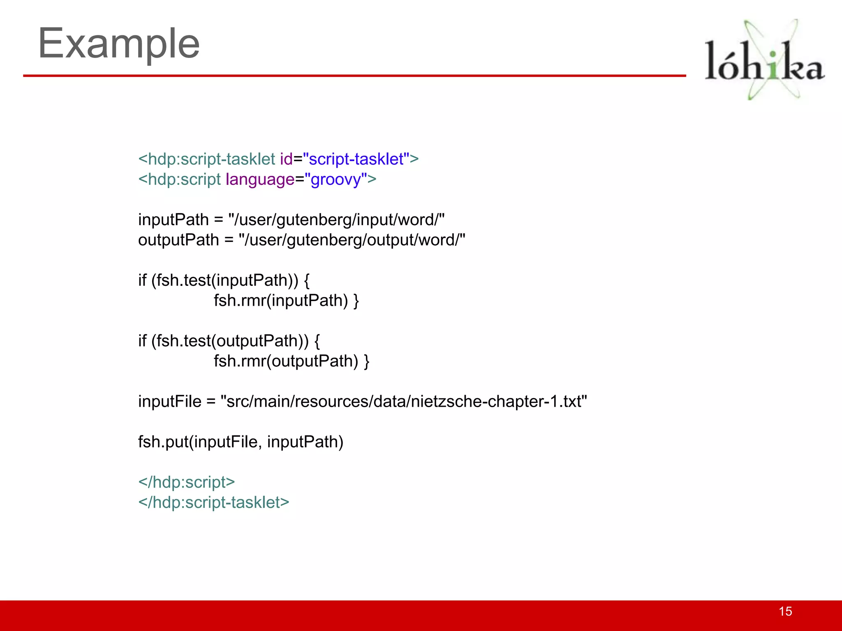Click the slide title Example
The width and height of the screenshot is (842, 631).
119,44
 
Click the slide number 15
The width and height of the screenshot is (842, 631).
785,611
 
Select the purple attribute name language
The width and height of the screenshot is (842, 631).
260,180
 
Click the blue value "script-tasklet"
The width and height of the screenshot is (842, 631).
356,159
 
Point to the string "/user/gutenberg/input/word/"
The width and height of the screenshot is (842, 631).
336,220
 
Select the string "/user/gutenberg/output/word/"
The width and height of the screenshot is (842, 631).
352,240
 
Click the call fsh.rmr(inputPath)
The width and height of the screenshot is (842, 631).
281,301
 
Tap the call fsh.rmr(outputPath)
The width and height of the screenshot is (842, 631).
286,362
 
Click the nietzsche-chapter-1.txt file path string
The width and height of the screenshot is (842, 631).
404,402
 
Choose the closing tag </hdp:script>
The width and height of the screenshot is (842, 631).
187,482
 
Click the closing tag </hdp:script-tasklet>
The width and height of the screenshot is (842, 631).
214,502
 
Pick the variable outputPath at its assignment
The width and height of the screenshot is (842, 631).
178,240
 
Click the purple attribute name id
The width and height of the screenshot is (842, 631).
286,159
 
